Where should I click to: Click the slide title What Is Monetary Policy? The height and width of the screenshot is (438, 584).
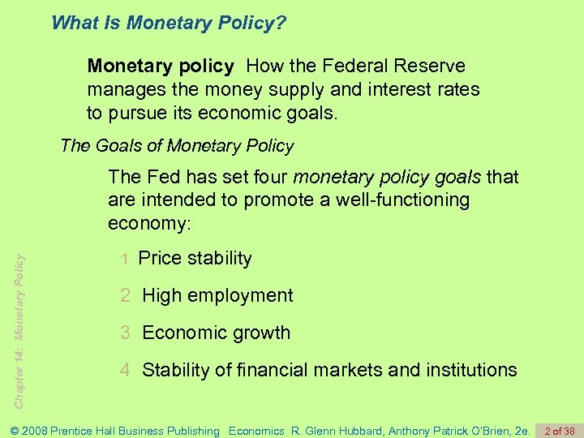tap(169, 22)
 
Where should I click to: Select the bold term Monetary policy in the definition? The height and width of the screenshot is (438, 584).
tap(161, 66)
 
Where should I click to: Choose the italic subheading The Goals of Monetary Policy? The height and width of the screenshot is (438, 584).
tap(177, 146)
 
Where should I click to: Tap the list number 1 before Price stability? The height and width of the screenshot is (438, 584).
tap(125, 260)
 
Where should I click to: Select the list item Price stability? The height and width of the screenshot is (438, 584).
tap(195, 259)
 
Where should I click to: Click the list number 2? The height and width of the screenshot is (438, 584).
tap(125, 296)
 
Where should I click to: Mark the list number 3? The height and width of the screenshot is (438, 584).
tap(125, 333)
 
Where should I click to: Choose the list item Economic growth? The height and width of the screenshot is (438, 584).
tap(216, 333)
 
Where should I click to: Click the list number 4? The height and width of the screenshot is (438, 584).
tap(125, 371)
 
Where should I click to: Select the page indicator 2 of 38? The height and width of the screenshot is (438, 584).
tap(560, 431)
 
